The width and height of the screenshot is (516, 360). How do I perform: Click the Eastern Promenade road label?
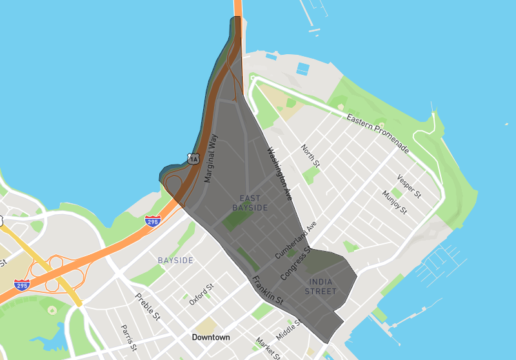click(377, 134)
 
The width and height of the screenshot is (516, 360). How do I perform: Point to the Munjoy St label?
click(394, 202)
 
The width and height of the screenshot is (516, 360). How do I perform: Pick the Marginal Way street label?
click(211, 159)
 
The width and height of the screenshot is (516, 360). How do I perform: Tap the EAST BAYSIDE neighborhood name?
click(250, 203)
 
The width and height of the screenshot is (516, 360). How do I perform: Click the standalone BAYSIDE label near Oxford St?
click(175, 260)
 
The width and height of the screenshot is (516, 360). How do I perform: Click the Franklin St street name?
click(268, 290)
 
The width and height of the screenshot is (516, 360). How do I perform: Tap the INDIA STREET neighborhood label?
click(322, 286)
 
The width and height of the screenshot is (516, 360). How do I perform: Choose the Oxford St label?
click(202, 294)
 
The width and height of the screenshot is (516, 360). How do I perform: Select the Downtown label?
click(211, 337)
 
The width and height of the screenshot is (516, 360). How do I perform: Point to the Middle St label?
click(288, 329)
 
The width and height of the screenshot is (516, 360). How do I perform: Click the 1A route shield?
click(193, 158)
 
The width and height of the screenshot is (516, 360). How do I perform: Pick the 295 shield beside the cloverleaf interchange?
click(22, 285)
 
